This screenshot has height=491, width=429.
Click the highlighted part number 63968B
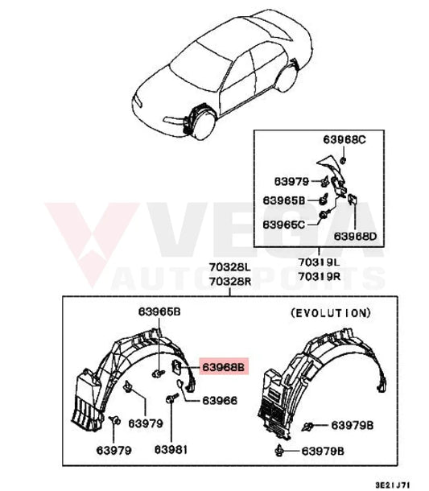click(x=223, y=367)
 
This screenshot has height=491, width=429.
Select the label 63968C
click(x=344, y=140)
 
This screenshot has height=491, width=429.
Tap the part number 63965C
click(x=283, y=225)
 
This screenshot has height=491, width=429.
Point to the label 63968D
click(x=355, y=236)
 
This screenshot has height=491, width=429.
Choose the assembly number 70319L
click(x=319, y=262)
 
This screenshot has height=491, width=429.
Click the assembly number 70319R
click(x=319, y=276)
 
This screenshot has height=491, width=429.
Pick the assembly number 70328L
click(x=230, y=267)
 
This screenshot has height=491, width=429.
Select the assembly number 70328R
click(x=230, y=282)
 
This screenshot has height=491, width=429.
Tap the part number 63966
click(x=220, y=401)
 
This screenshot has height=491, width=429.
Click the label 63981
click(x=171, y=450)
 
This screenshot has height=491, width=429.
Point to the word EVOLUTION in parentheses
click(x=331, y=313)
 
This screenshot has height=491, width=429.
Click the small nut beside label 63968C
click(x=343, y=161)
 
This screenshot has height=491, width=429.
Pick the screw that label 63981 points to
click(x=171, y=398)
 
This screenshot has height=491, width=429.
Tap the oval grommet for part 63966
click(x=180, y=383)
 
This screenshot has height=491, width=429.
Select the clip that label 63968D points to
click(x=353, y=199)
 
